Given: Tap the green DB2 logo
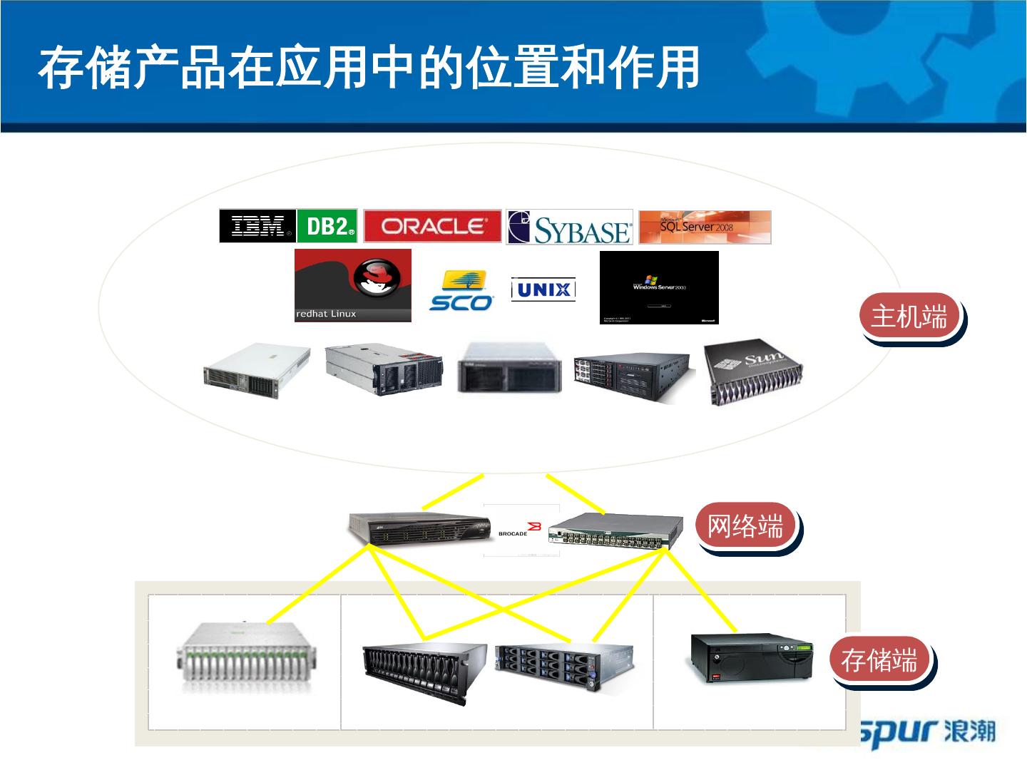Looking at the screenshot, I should [327, 227].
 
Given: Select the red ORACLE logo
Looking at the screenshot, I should [432, 227].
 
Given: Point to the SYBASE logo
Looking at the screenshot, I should [569, 227].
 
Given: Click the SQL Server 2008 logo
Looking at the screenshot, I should [705, 227].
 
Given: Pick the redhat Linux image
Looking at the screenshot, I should [353, 285].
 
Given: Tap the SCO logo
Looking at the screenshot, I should [461, 290].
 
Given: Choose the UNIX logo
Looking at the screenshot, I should [543, 289].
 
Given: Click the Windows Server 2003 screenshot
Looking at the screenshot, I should [659, 287].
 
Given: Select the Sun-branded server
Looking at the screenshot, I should [755, 374].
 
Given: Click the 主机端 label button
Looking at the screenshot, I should [909, 316].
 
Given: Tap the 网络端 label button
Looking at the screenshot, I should [745, 526].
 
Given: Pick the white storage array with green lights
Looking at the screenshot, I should [247, 658].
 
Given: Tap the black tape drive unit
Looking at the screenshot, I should [752, 657].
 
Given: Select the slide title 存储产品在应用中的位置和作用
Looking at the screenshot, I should [369, 68].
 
